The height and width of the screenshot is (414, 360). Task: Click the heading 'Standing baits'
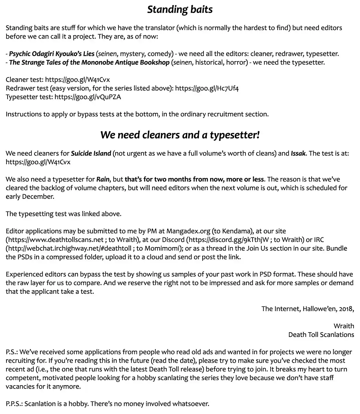click(x=180, y=10)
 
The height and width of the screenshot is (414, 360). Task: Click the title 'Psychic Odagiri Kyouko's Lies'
click(x=52, y=54)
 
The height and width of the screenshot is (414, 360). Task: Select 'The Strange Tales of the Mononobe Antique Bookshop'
click(x=89, y=63)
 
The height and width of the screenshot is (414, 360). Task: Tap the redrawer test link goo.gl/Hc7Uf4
click(x=207, y=88)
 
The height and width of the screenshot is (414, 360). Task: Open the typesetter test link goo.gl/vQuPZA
click(x=88, y=97)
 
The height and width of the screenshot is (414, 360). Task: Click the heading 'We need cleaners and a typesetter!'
click(x=180, y=135)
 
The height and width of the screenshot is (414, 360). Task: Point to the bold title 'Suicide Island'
click(x=91, y=153)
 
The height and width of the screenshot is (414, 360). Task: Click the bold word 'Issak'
click(x=298, y=153)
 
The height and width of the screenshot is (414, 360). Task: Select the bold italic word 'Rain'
click(x=103, y=180)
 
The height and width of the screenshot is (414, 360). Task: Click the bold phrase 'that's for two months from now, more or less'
click(x=194, y=180)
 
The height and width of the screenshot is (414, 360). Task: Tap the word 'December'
click(x=40, y=197)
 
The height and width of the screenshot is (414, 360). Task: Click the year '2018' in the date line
click(x=346, y=309)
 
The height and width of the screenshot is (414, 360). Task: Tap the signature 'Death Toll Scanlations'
click(x=321, y=335)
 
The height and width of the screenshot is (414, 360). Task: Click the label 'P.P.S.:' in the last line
click(x=14, y=404)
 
